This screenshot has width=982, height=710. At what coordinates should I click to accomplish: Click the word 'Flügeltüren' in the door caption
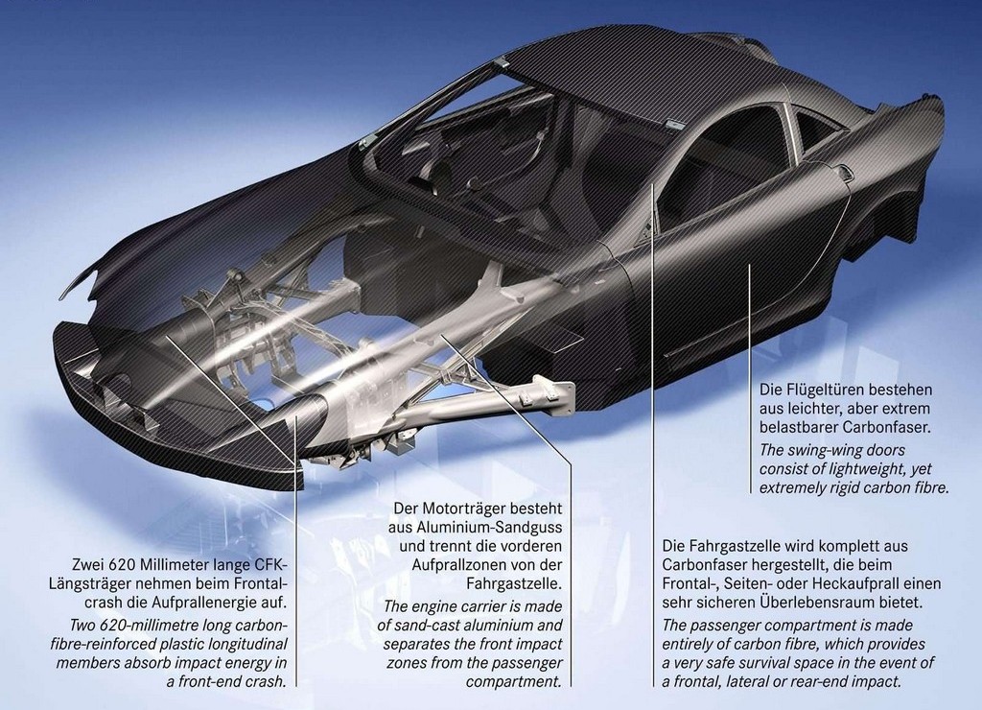[x=816, y=390]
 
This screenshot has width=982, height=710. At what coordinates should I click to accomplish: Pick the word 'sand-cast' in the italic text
[x=427, y=626]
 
